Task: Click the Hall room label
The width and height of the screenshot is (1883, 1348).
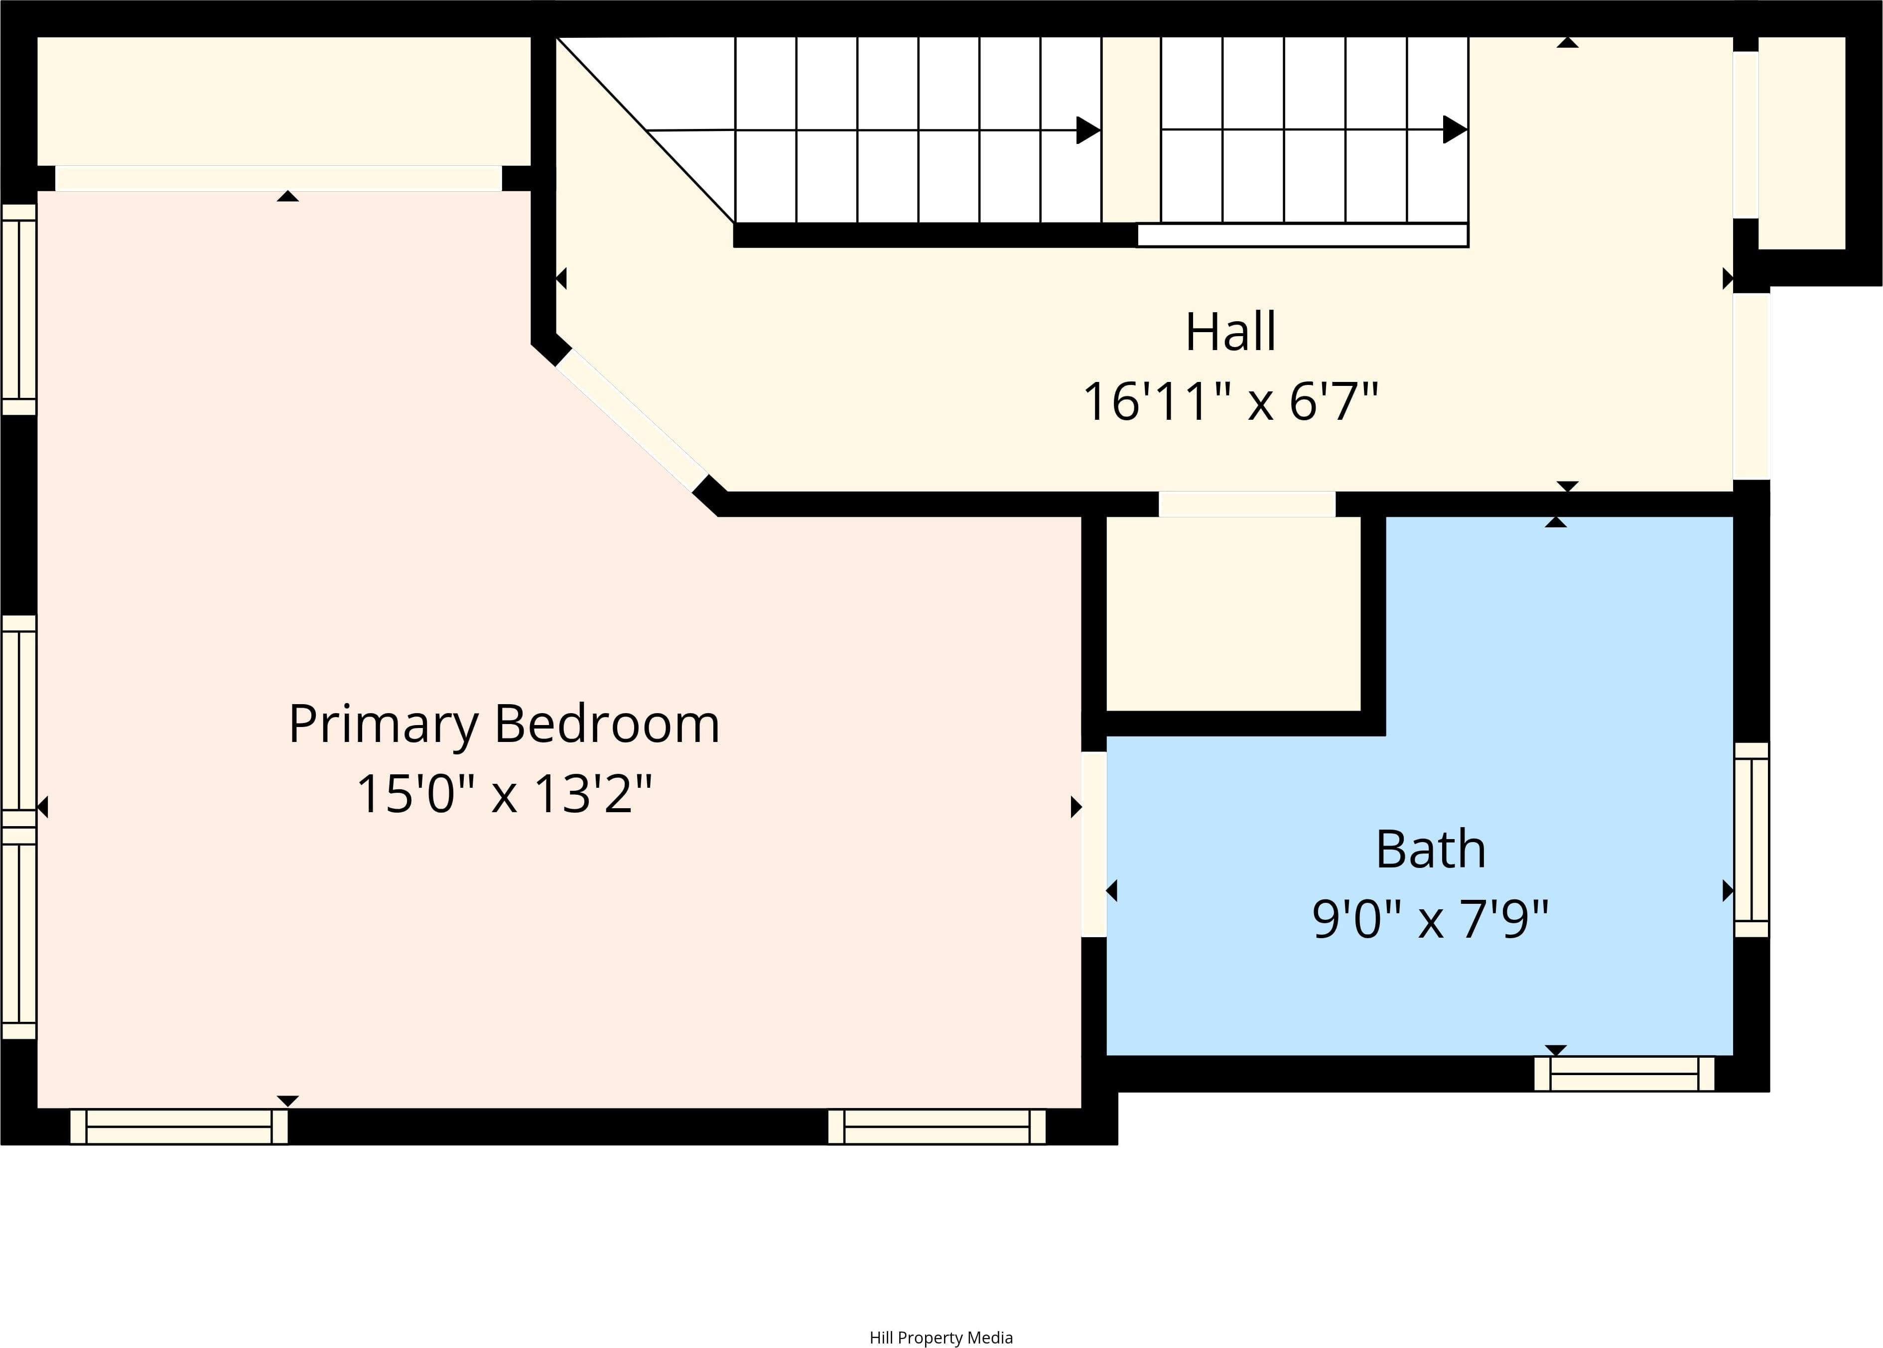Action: [x=1230, y=332]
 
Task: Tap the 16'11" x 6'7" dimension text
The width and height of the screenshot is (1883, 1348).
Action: [x=1230, y=402]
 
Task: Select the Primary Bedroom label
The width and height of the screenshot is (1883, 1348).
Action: [x=504, y=725]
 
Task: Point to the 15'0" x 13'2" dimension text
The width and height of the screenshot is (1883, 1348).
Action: [x=504, y=794]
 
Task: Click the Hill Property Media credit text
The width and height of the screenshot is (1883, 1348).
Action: [x=941, y=1337]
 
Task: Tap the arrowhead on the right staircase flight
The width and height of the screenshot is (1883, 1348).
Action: [x=1456, y=129]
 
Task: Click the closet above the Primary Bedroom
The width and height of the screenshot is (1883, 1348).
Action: [x=284, y=101]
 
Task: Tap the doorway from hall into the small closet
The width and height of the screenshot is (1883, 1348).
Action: [x=1247, y=504]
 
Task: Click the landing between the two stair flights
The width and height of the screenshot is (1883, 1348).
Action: [x=1131, y=129]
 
